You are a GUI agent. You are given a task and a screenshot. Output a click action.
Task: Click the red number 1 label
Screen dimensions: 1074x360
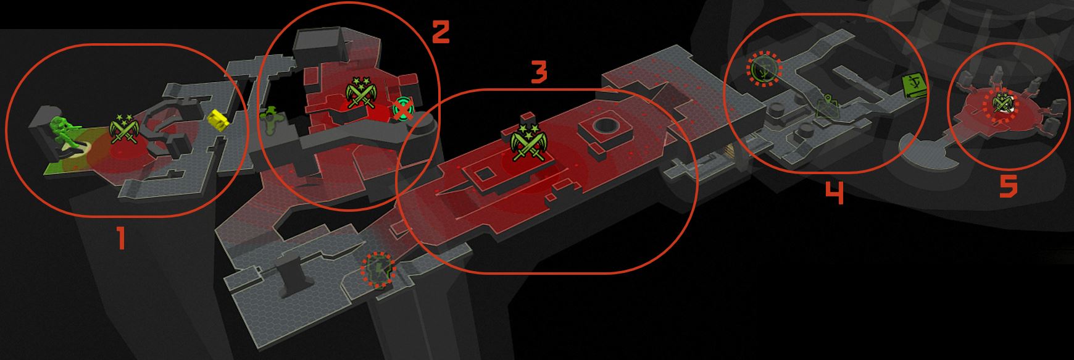tap(122, 238)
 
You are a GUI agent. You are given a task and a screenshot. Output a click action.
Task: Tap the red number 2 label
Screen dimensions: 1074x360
tap(441, 31)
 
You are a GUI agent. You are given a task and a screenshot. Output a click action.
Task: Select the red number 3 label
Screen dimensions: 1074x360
tap(539, 72)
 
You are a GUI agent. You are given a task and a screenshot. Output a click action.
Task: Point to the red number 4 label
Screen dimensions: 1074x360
tap(835, 193)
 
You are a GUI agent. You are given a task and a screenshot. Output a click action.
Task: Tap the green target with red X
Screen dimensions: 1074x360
tap(403, 109)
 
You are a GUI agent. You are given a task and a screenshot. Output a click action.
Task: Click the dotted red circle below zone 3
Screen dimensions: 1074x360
tap(378, 269)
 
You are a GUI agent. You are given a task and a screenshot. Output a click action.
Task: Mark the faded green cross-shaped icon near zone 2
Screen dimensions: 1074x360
tap(270, 119)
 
